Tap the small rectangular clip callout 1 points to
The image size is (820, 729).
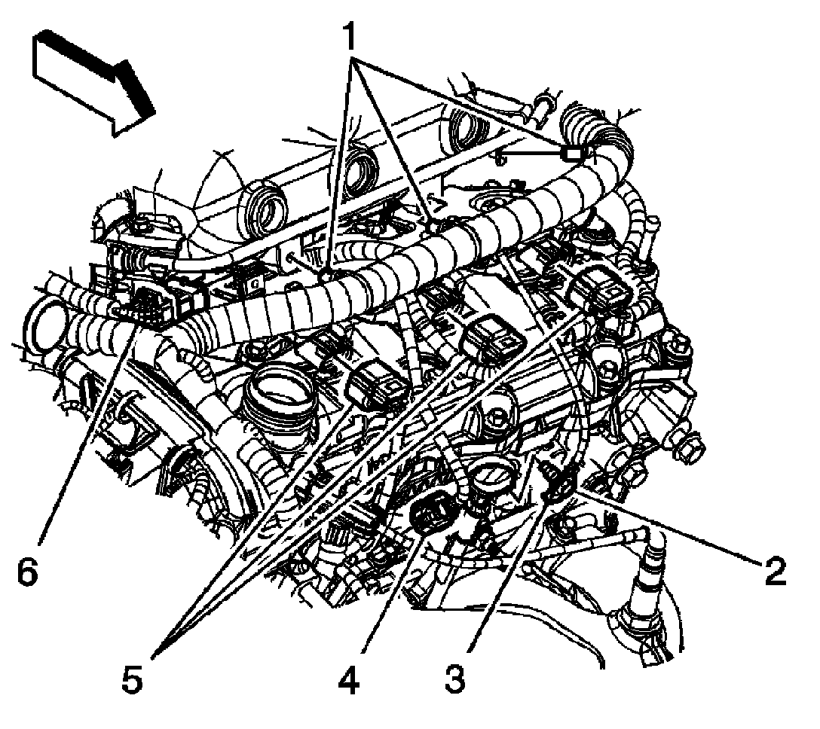coord(572,153)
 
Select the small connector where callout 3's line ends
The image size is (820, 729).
coord(555,480)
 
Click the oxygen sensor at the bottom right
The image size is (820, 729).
coord(648,590)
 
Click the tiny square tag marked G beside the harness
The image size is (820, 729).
coord(254,282)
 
